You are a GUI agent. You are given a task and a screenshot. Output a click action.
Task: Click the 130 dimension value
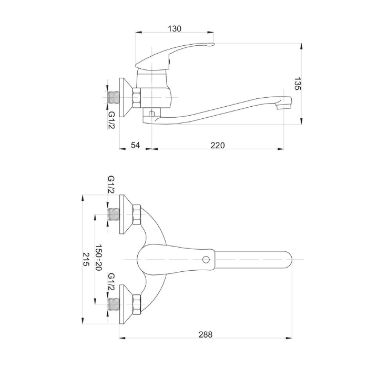coord(175,28)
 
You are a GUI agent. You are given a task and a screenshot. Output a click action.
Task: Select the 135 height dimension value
coord(297,83)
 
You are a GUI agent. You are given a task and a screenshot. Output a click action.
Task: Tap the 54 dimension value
coord(136,145)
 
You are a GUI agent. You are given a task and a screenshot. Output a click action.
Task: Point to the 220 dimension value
coord(218,145)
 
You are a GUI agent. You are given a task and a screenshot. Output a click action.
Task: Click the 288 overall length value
coord(206,334)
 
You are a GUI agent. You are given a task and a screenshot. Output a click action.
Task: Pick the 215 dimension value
coord(86,259)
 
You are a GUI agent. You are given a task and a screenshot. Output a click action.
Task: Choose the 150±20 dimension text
coord(98,258)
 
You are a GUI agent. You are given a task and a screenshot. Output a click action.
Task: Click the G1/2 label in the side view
coord(111,120)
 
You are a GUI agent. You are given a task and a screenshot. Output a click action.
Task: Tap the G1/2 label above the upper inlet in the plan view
coord(111,185)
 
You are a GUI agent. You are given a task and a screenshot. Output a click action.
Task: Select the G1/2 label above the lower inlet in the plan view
coord(111,282)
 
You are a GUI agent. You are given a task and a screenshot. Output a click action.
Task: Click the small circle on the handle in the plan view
coord(206,260)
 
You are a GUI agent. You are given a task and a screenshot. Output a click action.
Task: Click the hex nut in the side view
coord(137,98)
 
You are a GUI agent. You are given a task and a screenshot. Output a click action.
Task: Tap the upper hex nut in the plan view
coord(137,214)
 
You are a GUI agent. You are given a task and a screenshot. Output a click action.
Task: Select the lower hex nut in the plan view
coord(137,304)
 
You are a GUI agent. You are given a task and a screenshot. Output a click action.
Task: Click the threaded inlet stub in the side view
coord(114,97)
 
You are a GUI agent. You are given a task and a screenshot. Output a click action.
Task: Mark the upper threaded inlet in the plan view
coord(114,214)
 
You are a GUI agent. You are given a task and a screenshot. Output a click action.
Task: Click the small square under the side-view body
coord(152,114)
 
